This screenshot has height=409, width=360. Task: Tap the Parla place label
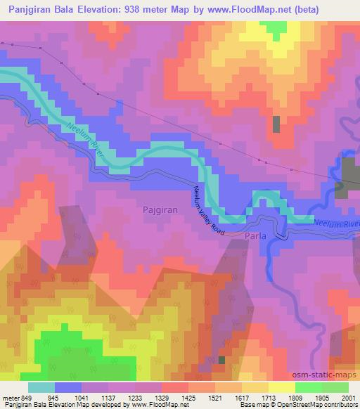pyautogui.click(x=255, y=237)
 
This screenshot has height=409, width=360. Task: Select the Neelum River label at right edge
pyautogui.click(x=337, y=223)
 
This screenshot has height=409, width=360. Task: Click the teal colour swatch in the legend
pyautogui.click(x=41, y=387)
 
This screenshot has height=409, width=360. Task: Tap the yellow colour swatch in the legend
pyautogui.click(x=281, y=387)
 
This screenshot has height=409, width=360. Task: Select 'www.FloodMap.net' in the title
pyautogui.click(x=241, y=9)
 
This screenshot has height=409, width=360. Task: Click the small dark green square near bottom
pyautogui.click(x=222, y=360)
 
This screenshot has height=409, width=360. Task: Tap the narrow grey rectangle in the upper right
pyautogui.click(x=276, y=124)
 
